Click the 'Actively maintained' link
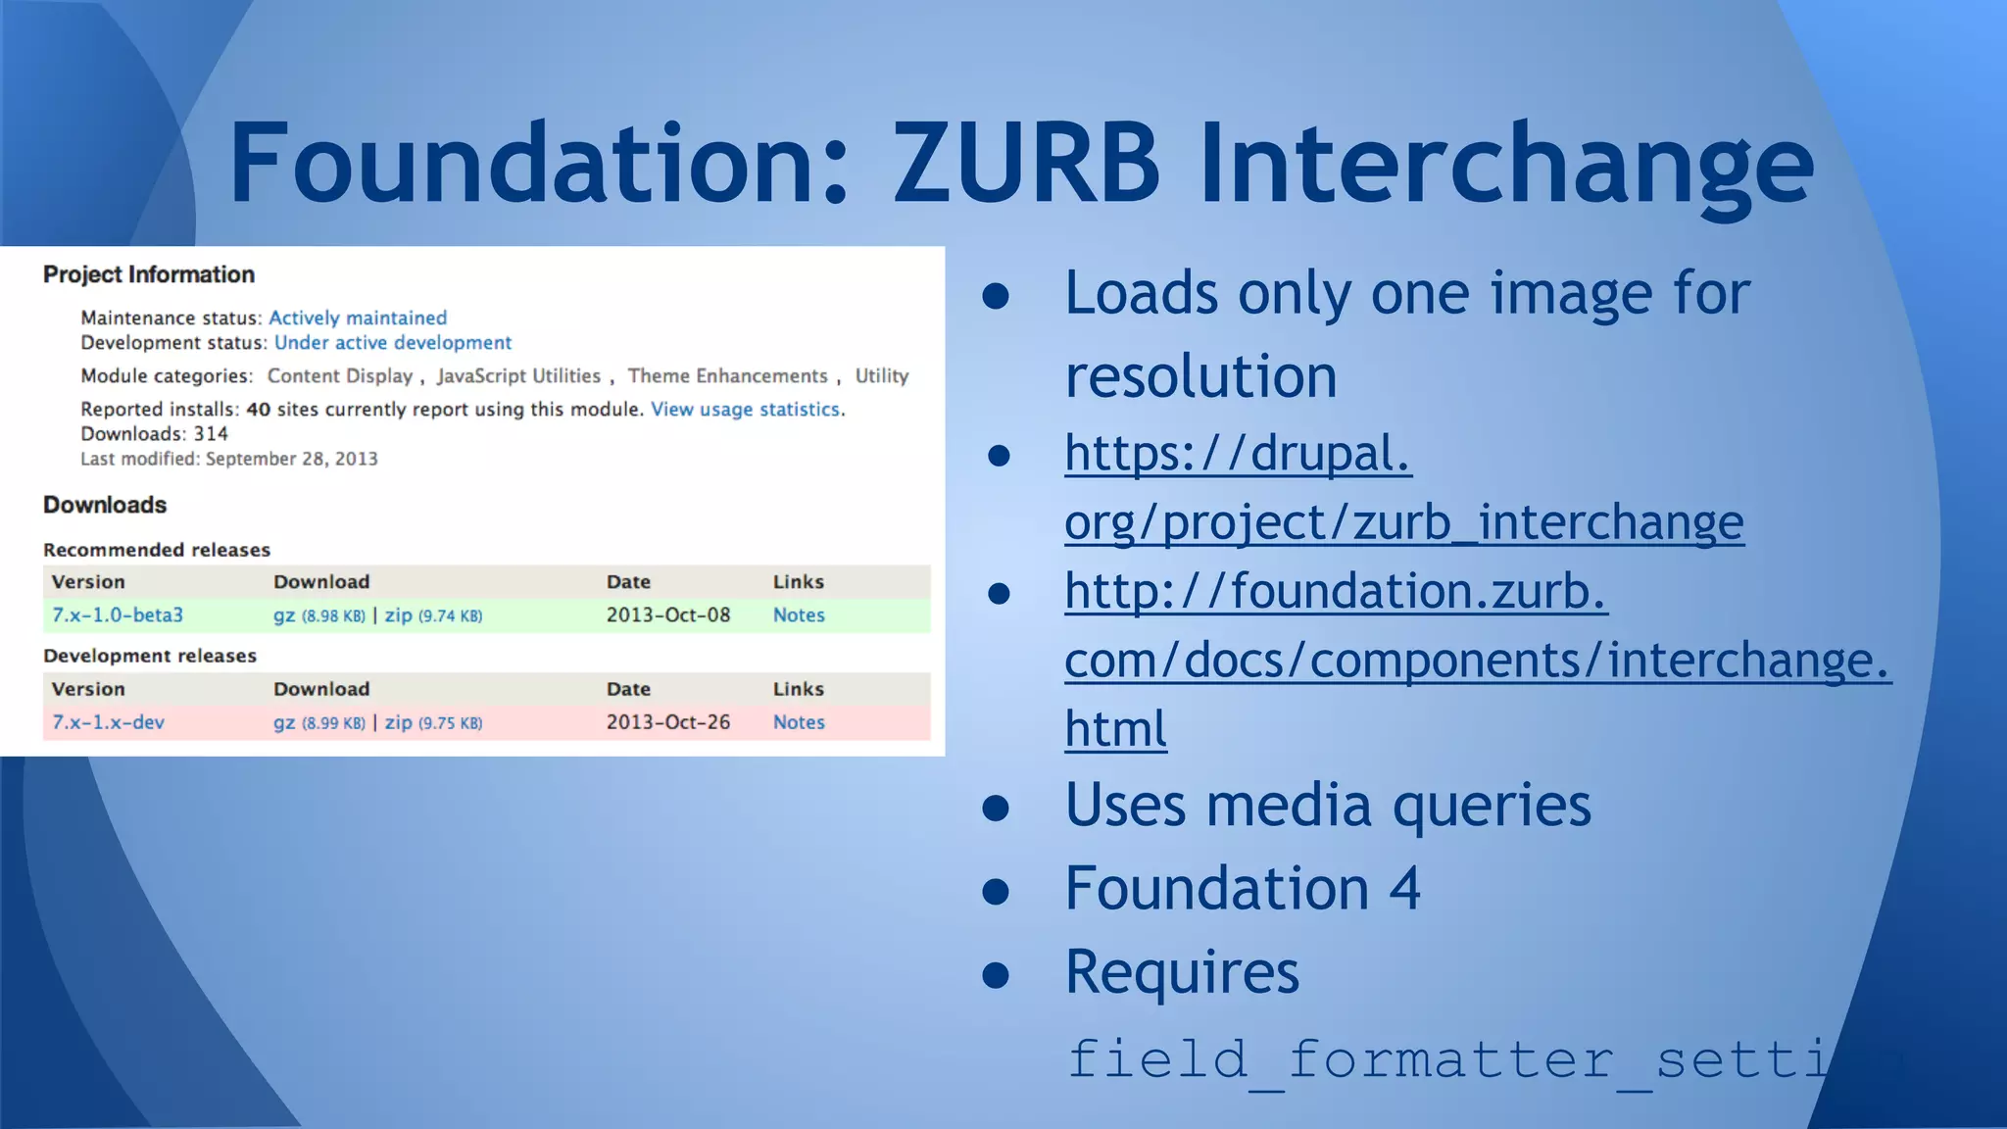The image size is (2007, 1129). [358, 318]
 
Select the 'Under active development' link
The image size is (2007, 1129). [392, 343]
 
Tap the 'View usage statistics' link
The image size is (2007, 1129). [745, 410]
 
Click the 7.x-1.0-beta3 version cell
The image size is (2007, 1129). [118, 615]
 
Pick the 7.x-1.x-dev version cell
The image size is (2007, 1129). [108, 722]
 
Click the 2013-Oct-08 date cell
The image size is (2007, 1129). [667, 615]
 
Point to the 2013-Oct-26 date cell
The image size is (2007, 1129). [667, 722]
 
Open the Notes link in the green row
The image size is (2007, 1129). [799, 615]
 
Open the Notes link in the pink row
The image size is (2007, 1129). [799, 722]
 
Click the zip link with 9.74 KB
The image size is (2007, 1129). [398, 615]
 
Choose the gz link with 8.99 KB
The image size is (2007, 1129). [284, 722]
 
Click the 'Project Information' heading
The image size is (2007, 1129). [149, 275]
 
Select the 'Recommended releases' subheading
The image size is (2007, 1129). [157, 550]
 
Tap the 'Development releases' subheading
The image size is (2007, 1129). [150, 656]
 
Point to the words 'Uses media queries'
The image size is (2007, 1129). [1328, 806]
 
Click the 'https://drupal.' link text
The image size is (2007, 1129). [1238, 454]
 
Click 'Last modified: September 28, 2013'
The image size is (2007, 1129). [228, 459]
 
